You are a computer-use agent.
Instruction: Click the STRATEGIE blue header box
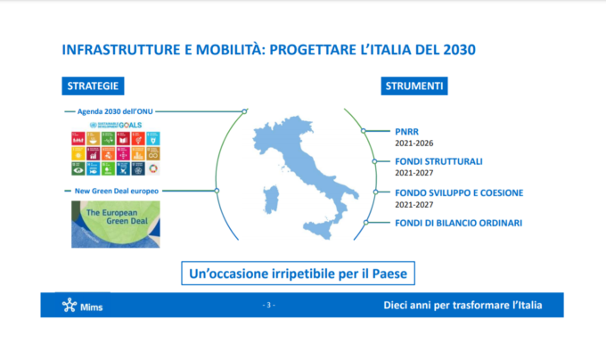[x=93, y=86]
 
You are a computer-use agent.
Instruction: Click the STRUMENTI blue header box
[x=414, y=86]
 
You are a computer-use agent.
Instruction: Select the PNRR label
[x=407, y=130]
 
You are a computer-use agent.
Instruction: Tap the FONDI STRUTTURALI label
[x=438, y=161]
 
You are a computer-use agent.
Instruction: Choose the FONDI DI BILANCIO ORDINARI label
[x=458, y=223]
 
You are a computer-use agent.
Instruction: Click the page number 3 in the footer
[x=269, y=306]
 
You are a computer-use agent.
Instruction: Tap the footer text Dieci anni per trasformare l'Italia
[x=462, y=306]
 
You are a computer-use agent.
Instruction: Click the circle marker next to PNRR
[x=364, y=130]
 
